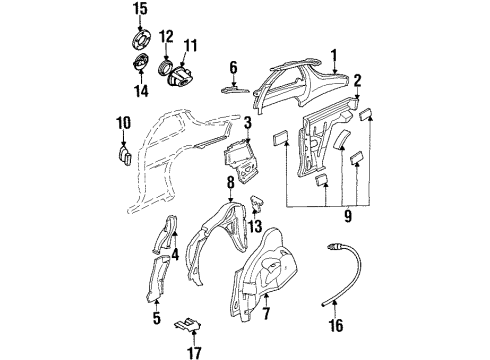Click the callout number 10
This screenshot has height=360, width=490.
click(x=123, y=123)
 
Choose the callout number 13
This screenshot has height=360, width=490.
click(x=256, y=228)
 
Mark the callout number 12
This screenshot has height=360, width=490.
click(x=167, y=37)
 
